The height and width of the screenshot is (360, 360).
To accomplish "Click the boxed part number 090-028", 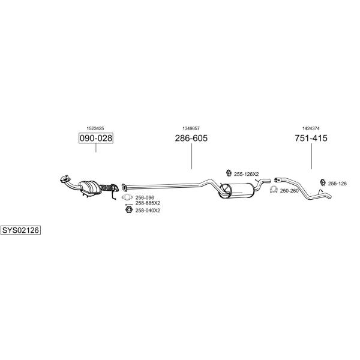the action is pos(96,138).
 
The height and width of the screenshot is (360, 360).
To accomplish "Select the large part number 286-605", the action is pos(191,138).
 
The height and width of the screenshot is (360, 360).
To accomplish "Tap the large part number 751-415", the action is pos(311,138).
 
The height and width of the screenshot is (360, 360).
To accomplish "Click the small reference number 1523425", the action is pos(95,128).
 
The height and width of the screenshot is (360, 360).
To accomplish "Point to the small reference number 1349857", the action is pos(191,128).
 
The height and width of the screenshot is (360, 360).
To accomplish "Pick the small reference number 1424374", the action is pos(311,128).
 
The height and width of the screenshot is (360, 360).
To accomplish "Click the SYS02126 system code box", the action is pos(20,230).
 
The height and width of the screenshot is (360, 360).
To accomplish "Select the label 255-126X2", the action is pos(247,174).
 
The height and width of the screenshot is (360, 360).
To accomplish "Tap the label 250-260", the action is pos(289,191).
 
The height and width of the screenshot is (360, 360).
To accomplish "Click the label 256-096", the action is pos(145,197).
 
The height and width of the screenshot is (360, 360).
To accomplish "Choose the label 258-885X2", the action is pos(148,203).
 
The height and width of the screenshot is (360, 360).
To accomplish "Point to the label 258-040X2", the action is pos(148,211).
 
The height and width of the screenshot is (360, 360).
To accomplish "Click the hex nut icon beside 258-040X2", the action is pos(129,209).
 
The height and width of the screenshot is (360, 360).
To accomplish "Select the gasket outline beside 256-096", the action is pos(127,197).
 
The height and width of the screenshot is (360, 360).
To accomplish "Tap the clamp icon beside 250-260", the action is pos(274,190).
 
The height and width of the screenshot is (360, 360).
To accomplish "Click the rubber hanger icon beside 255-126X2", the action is pos(229,173).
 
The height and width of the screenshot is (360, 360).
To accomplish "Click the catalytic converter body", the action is pos(90,187).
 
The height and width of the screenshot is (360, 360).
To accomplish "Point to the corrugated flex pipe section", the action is pos(106,188).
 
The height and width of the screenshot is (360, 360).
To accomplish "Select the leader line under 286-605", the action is pos(191,156).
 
